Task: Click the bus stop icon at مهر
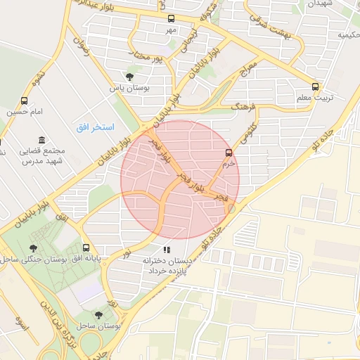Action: (170, 19)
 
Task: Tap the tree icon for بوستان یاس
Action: (129, 77)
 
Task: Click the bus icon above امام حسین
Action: (25, 101)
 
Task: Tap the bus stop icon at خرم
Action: (228, 152)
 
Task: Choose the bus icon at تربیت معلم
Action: (315, 86)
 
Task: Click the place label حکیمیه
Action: (347, 34)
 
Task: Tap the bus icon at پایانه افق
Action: (86, 247)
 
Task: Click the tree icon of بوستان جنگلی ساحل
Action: (32, 248)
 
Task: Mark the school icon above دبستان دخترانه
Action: (166, 249)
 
